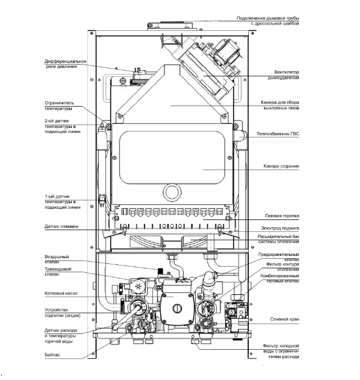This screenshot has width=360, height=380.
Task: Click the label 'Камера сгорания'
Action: tap(281, 166)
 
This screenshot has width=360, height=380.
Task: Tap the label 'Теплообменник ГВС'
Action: tap(277, 134)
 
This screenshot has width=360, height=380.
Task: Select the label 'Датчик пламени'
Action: tap(61, 226)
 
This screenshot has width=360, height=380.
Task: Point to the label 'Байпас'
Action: tap(52, 355)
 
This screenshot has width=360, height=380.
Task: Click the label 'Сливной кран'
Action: tap(284, 319)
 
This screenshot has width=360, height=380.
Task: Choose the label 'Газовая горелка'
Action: tap(282, 216)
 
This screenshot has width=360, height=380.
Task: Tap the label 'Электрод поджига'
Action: tap(280, 228)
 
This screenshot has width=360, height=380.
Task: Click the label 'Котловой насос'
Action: tap(61, 293)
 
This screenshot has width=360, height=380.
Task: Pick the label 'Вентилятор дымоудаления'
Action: tap(283, 75)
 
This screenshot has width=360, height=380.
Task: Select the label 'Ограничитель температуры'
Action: tap(59, 106)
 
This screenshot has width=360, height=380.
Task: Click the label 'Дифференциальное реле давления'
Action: tap(65, 64)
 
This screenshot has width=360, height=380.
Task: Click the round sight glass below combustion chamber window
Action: tap(172, 193)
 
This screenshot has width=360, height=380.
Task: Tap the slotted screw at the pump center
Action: tap(177, 309)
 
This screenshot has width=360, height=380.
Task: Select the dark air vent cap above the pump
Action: tap(160, 271)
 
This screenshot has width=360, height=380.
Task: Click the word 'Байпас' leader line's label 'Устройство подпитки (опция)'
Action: tap(62, 313)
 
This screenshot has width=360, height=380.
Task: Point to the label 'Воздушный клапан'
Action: tap(57, 259)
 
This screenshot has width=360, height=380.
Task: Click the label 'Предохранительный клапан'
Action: tap(279, 257)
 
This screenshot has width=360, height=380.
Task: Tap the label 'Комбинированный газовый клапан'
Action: tap(280, 278)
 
